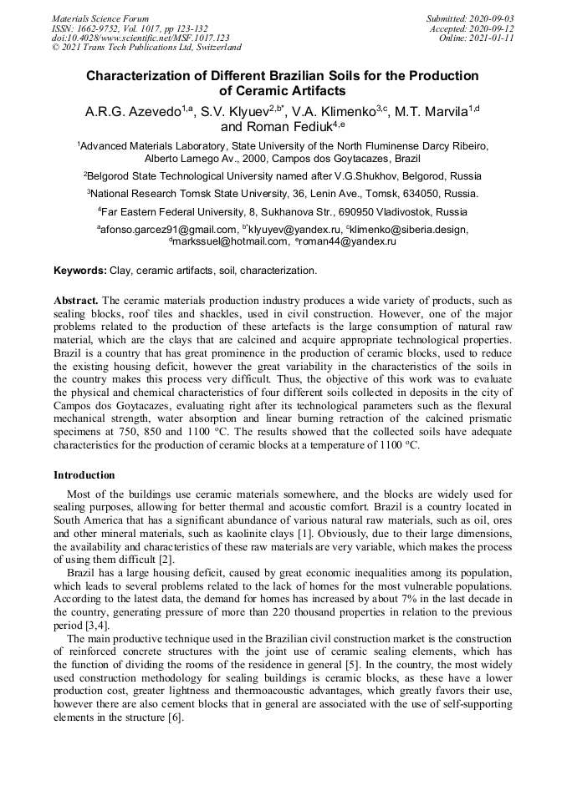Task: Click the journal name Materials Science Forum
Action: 100,18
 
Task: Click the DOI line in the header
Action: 140,38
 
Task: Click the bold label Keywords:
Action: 80,271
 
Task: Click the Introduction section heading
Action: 84,475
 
